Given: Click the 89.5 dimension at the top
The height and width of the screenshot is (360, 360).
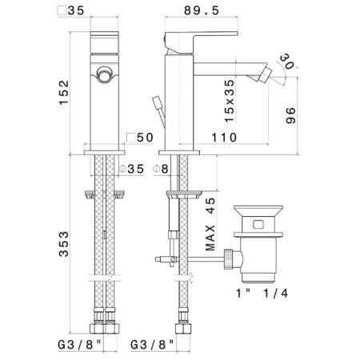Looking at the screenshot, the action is (202, 10).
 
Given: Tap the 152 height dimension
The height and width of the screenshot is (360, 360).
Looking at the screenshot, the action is (64, 93).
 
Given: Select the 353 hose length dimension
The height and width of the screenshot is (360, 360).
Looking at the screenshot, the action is (64, 244).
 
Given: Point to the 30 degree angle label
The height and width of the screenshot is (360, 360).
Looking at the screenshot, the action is (287, 61).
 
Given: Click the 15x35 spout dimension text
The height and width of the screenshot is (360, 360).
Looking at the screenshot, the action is (230, 101).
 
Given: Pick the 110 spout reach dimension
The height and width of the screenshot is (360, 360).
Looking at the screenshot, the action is (224, 138).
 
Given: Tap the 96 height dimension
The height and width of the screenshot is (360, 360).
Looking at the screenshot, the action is (291, 115).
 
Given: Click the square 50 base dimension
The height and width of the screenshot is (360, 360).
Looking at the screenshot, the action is (140, 138).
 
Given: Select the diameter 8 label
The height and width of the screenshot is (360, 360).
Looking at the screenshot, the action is (161, 169).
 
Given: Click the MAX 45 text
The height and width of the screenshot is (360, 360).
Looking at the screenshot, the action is (210, 224).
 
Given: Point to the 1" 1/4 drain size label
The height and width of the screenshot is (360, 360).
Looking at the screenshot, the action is (262, 294).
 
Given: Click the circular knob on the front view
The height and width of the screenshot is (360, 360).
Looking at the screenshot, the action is (104, 74).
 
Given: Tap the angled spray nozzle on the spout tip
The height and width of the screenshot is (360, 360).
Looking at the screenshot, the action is (262, 74).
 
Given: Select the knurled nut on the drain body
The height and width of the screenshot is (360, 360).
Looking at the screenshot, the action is (229, 259).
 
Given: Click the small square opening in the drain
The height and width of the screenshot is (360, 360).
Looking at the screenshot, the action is (258, 225).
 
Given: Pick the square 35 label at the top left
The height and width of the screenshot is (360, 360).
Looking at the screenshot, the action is (71, 10).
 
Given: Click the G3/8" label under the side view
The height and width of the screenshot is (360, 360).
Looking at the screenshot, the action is (152, 345).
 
